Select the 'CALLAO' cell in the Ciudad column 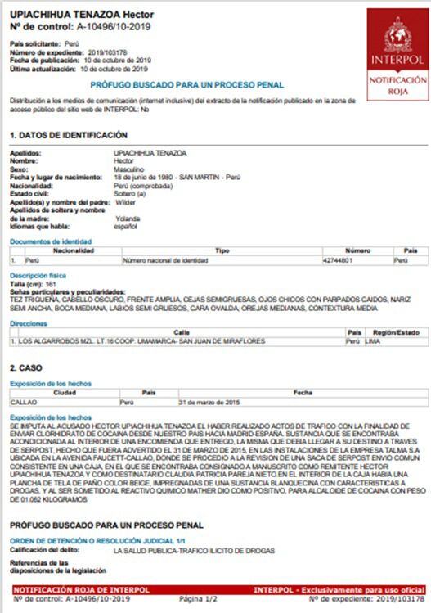click(25, 403)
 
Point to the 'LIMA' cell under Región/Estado click(372, 340)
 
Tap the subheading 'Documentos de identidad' click(47, 242)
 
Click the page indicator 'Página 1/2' click(199, 600)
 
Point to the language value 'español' click(126, 226)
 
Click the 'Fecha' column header click(303, 393)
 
